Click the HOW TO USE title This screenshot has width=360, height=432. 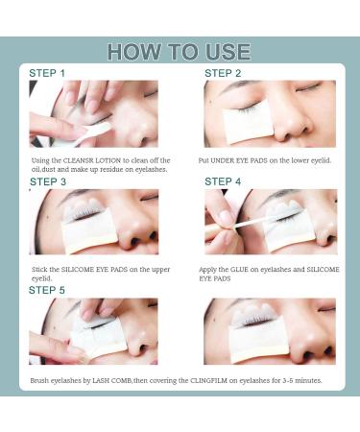coord(179,52)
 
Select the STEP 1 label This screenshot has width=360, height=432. coord(48,73)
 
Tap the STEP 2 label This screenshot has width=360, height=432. coord(223,73)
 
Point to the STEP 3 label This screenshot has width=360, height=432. coord(48,181)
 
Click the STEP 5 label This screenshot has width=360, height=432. coord(47,290)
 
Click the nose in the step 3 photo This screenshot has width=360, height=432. coord(133,235)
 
